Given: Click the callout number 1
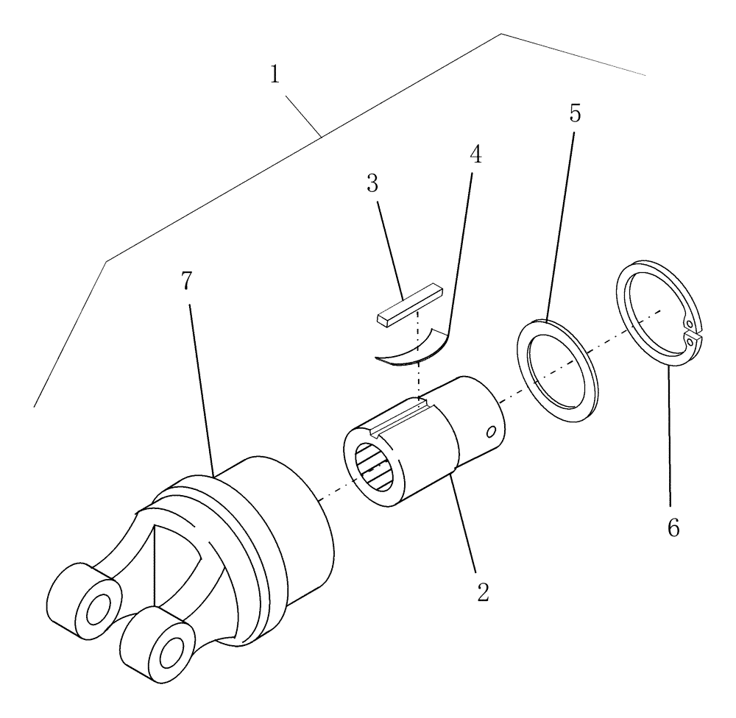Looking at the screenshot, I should click(x=275, y=74).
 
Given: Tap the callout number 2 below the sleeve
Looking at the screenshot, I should click(x=482, y=593).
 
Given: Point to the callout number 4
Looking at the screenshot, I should click(x=475, y=156).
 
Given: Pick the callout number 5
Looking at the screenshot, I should click(x=576, y=114).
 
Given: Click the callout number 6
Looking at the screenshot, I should click(x=673, y=527).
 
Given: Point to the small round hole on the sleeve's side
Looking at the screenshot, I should click(x=492, y=432).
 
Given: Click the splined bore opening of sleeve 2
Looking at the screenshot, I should click(x=375, y=468).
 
